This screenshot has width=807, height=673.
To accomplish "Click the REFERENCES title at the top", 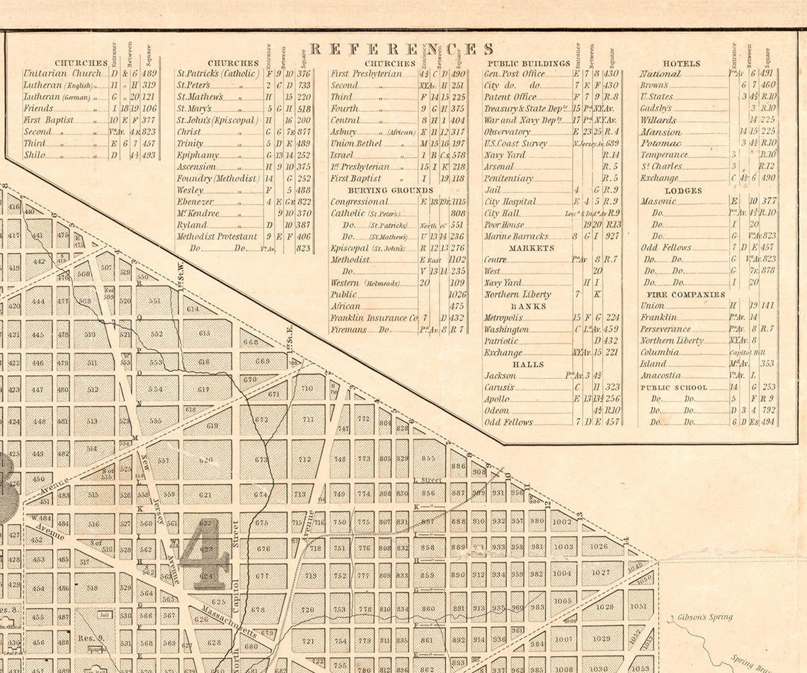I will [401, 49].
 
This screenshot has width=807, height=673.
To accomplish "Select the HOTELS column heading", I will [681, 64].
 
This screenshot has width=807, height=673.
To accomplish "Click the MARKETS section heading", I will [531, 249].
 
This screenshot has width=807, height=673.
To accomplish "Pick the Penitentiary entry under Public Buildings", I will [508, 179].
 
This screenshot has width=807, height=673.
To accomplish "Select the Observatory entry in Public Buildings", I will [507, 132].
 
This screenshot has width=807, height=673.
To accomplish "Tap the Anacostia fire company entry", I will [660, 375].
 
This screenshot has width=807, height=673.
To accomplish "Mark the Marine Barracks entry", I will [516, 237].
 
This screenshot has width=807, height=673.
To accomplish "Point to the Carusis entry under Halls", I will [499, 388].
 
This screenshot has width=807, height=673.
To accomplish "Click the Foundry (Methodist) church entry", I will [217, 179].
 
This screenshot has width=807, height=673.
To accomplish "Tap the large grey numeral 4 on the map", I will [205, 553].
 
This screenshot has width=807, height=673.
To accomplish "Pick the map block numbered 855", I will [428, 458].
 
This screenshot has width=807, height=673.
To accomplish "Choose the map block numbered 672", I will [261, 419].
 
